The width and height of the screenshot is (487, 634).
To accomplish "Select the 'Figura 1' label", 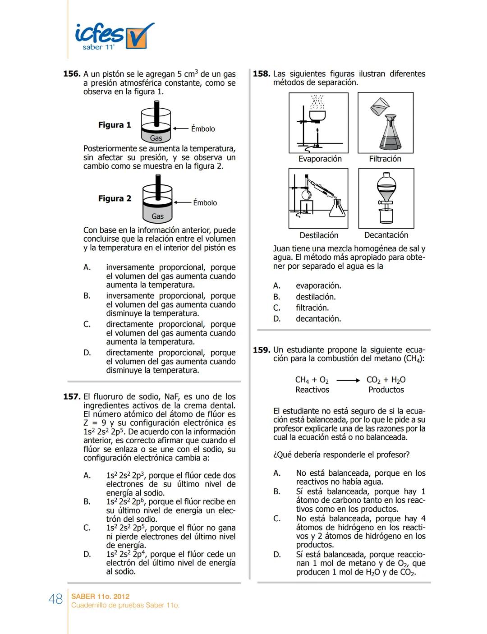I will [115, 125].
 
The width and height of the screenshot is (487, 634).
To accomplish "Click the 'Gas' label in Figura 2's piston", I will [157, 216].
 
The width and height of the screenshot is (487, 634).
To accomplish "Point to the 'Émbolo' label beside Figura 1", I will [203, 129].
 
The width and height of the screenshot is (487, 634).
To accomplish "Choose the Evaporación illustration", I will [318, 123].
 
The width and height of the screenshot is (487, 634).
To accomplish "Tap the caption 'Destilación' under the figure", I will [319, 235].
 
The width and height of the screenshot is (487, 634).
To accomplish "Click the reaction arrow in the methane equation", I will [348, 380].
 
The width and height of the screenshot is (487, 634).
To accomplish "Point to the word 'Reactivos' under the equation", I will [312, 390].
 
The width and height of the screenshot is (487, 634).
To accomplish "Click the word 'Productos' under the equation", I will [386, 390].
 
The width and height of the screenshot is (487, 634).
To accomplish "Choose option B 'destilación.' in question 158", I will [316, 297].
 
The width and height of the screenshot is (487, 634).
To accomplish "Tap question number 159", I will [262, 350].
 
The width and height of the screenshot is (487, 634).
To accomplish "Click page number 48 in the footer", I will [55, 599].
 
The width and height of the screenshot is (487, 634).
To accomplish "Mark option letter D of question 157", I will [87, 554].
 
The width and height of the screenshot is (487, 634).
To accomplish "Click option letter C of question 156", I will [87, 324].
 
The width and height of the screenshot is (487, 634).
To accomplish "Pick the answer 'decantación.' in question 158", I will [318, 319].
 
